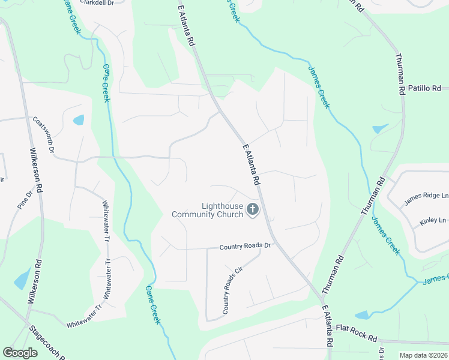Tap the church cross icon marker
coord(253,209)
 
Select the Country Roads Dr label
coord(246,247)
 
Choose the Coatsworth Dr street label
coord(44,134)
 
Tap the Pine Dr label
coord(25,200)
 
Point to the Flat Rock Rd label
coord(356,329)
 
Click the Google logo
coord(20,353)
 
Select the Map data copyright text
coord(423,355)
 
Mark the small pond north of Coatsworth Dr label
coord(79,120)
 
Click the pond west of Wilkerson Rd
coord(22,278)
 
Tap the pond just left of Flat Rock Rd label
coord(362,315)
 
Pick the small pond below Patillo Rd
coord(380,128)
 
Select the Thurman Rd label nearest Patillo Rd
coord(399,75)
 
